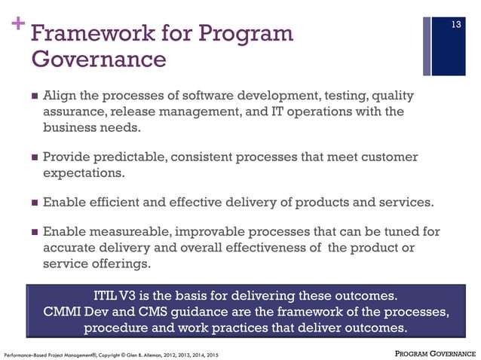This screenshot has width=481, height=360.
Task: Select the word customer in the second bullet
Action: [x=385, y=157]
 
